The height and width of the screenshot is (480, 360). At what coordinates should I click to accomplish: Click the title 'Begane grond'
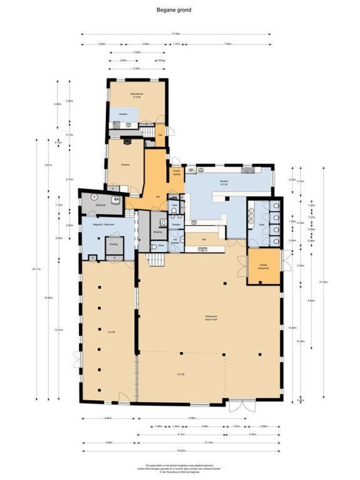click(174, 8)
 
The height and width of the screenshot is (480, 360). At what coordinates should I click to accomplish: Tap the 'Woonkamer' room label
click(136, 95)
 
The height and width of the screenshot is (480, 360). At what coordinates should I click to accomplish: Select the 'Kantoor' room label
click(125, 164)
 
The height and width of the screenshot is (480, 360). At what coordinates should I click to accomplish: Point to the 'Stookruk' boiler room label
click(101, 205)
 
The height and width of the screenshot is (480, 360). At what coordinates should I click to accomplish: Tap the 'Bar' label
click(204, 240)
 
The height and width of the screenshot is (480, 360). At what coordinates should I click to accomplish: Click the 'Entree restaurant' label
click(264, 267)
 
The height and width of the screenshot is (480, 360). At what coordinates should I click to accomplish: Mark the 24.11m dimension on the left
click(36, 269)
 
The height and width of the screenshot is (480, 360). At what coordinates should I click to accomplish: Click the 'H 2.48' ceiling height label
click(182, 374)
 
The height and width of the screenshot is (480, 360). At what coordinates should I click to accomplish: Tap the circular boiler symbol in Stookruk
click(94, 196)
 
